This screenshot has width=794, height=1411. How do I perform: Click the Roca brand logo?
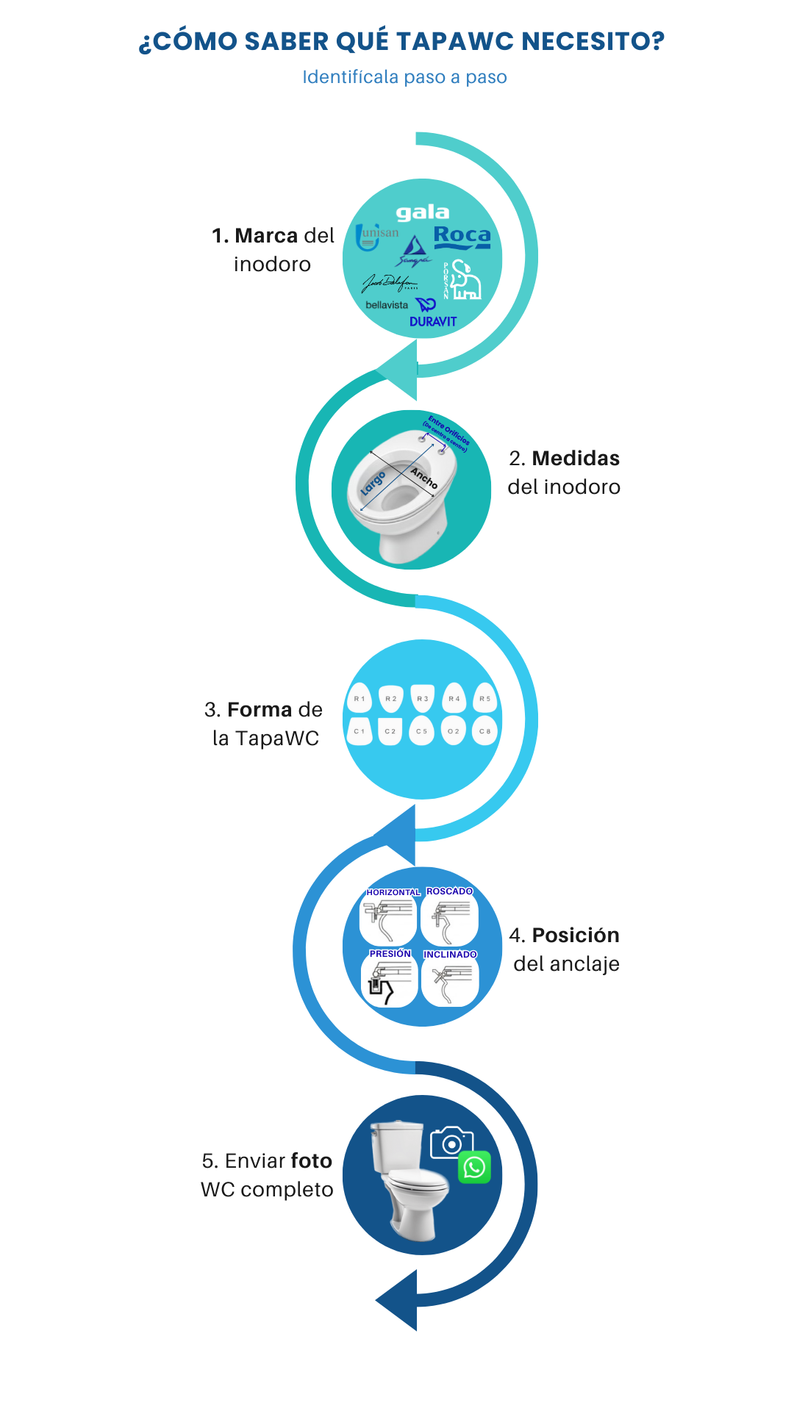(x=462, y=237)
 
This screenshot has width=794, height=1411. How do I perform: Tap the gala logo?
(x=423, y=213)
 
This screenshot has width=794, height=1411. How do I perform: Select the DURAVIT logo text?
(x=433, y=322)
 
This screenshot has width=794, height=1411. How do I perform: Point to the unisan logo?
(x=376, y=236)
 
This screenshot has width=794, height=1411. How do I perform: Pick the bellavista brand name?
(x=387, y=305)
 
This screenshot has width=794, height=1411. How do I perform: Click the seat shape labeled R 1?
(x=359, y=698)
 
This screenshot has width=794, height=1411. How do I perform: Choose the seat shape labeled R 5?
(x=484, y=698)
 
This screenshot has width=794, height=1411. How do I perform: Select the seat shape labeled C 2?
(x=390, y=731)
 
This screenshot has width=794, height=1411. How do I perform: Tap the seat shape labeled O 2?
(x=454, y=731)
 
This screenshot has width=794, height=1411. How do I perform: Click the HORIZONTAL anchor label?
(x=393, y=892)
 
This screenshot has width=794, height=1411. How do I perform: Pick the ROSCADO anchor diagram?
(x=449, y=919)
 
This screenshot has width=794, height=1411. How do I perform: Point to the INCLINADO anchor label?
(x=450, y=955)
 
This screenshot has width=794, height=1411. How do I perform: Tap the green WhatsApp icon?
(x=474, y=1167)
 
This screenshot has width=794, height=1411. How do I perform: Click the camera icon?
(x=451, y=1143)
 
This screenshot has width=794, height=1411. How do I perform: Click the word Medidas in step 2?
(x=576, y=459)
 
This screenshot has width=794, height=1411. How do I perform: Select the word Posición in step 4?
(x=576, y=936)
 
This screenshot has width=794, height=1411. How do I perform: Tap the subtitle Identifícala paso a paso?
(x=404, y=77)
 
